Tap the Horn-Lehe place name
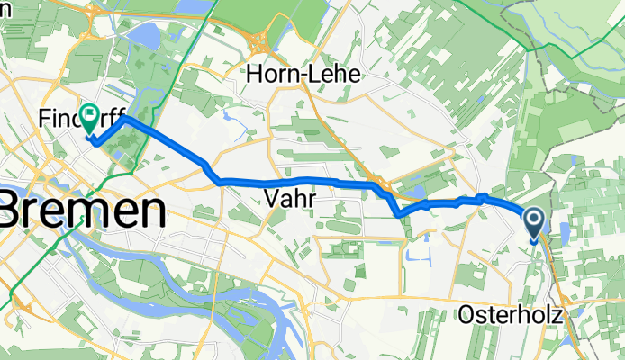pos(303,76)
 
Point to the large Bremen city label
pos(83,212)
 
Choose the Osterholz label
pos(511,315)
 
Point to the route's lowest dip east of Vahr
pos(400,214)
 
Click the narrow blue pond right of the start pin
pos(565,233)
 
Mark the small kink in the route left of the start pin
pos(483,196)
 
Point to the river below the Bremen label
pos(135,261)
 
